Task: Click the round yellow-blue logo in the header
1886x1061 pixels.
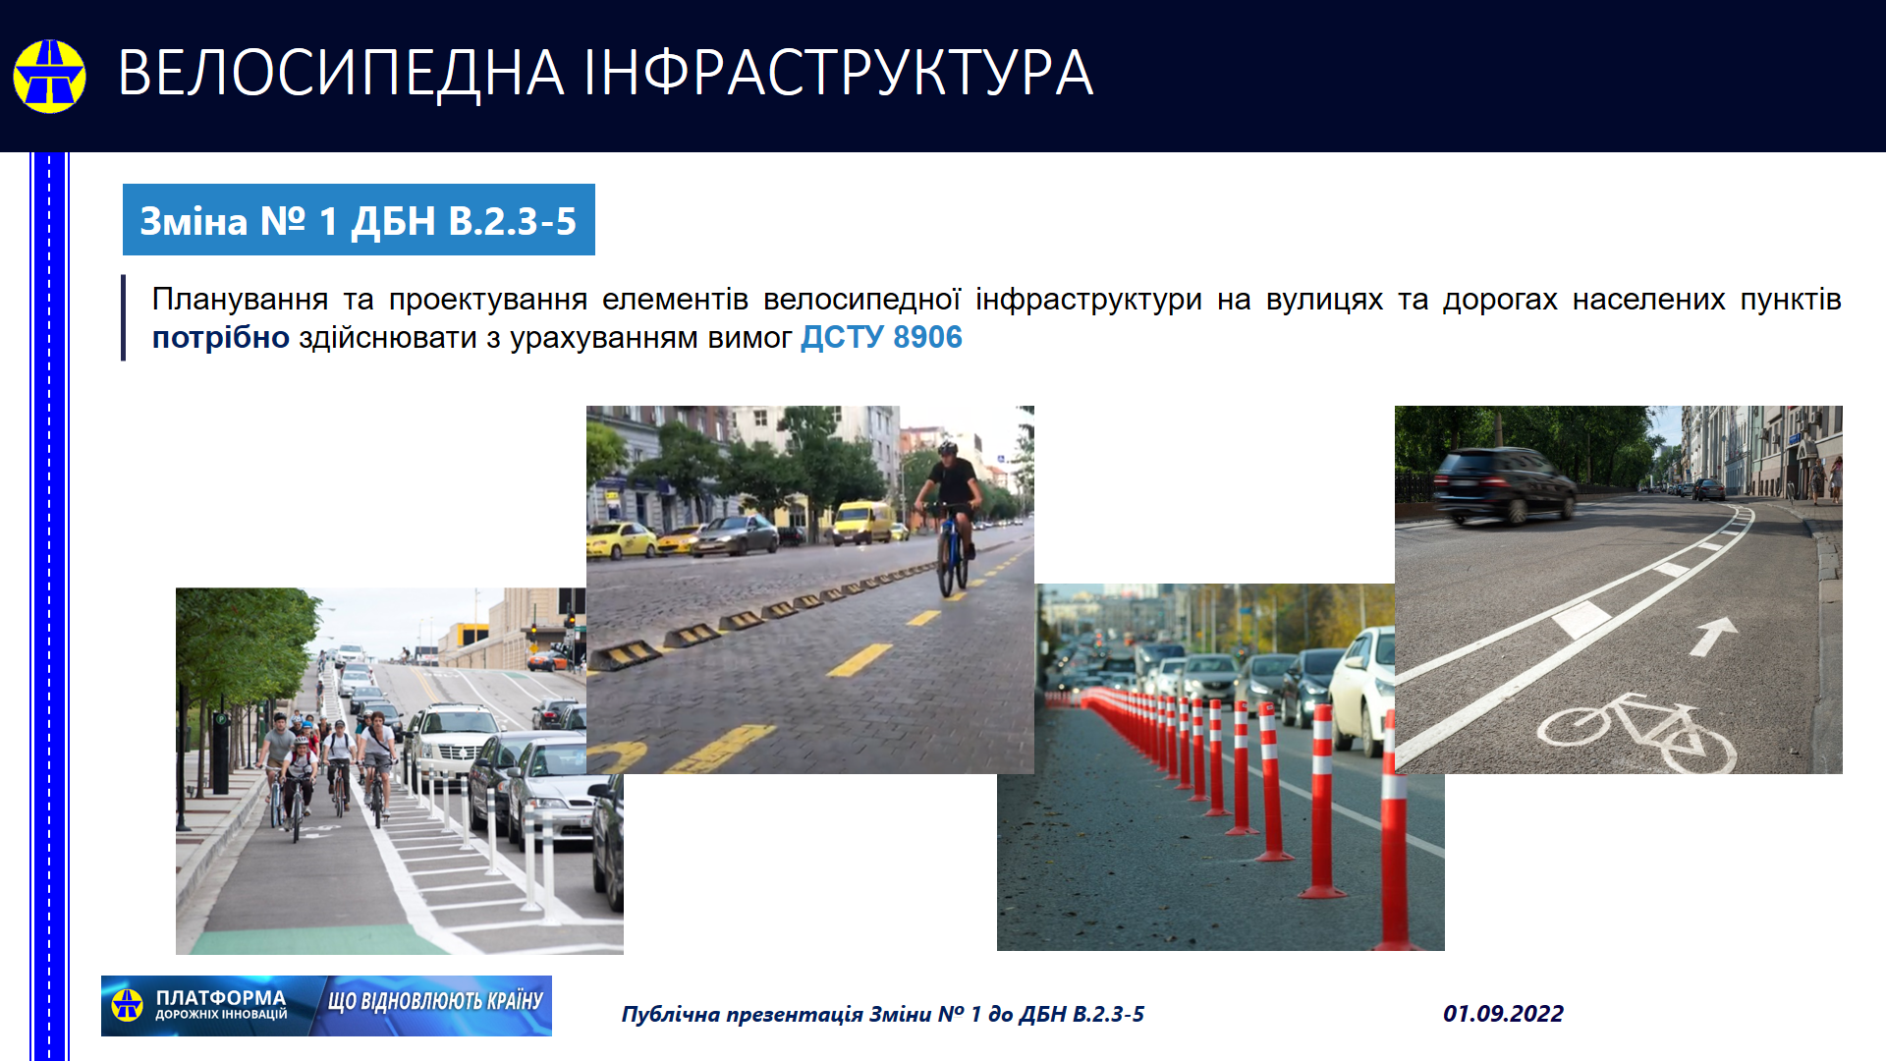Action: click(49, 76)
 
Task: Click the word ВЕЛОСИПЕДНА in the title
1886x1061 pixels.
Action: click(341, 74)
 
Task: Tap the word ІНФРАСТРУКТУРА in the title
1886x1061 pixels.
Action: click(838, 74)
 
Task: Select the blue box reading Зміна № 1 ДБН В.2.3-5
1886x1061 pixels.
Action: click(359, 219)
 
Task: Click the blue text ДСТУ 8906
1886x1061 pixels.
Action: click(881, 337)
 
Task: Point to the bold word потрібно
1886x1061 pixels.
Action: click(221, 338)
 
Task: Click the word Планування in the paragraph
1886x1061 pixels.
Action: click(240, 300)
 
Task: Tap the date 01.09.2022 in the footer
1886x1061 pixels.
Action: click(1503, 1014)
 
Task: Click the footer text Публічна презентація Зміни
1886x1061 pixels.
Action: click(777, 1015)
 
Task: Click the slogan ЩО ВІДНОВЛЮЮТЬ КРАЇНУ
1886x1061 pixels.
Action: click(435, 1001)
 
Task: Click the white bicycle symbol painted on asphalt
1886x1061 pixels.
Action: click(1636, 732)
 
